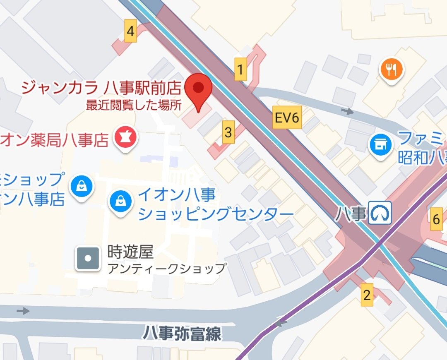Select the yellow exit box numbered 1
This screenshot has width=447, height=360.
pos(240,69)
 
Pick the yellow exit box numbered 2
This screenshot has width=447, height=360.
pos(367,295)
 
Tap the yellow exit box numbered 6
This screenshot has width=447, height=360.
pos(436,220)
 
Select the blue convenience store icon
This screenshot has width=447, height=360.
pos(380,145)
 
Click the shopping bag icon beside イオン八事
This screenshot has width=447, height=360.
pos(120,202)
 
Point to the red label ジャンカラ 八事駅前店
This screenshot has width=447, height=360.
pos(101,88)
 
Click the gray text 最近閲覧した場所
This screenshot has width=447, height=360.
pos(134,105)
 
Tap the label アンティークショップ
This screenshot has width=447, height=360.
pos(167,269)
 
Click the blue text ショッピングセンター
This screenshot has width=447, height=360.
pos(216,214)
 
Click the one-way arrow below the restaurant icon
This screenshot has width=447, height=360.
pos(348,111)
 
